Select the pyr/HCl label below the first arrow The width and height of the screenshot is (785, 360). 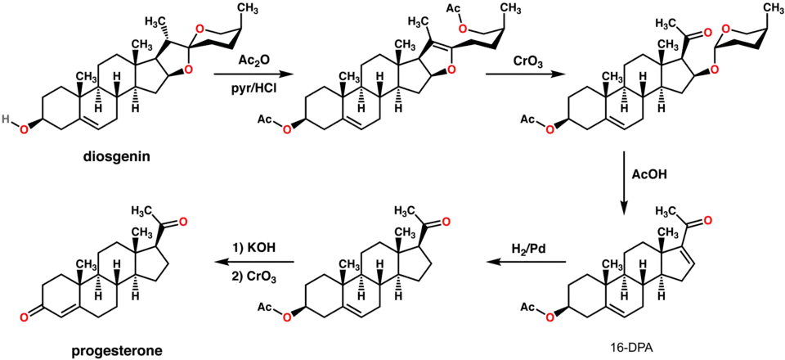251,88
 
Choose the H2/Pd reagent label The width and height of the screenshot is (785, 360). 529,248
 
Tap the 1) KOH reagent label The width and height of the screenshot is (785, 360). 253,246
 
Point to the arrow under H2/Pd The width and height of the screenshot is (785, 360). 528,261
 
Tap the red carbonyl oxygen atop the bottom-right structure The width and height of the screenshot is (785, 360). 709,222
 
